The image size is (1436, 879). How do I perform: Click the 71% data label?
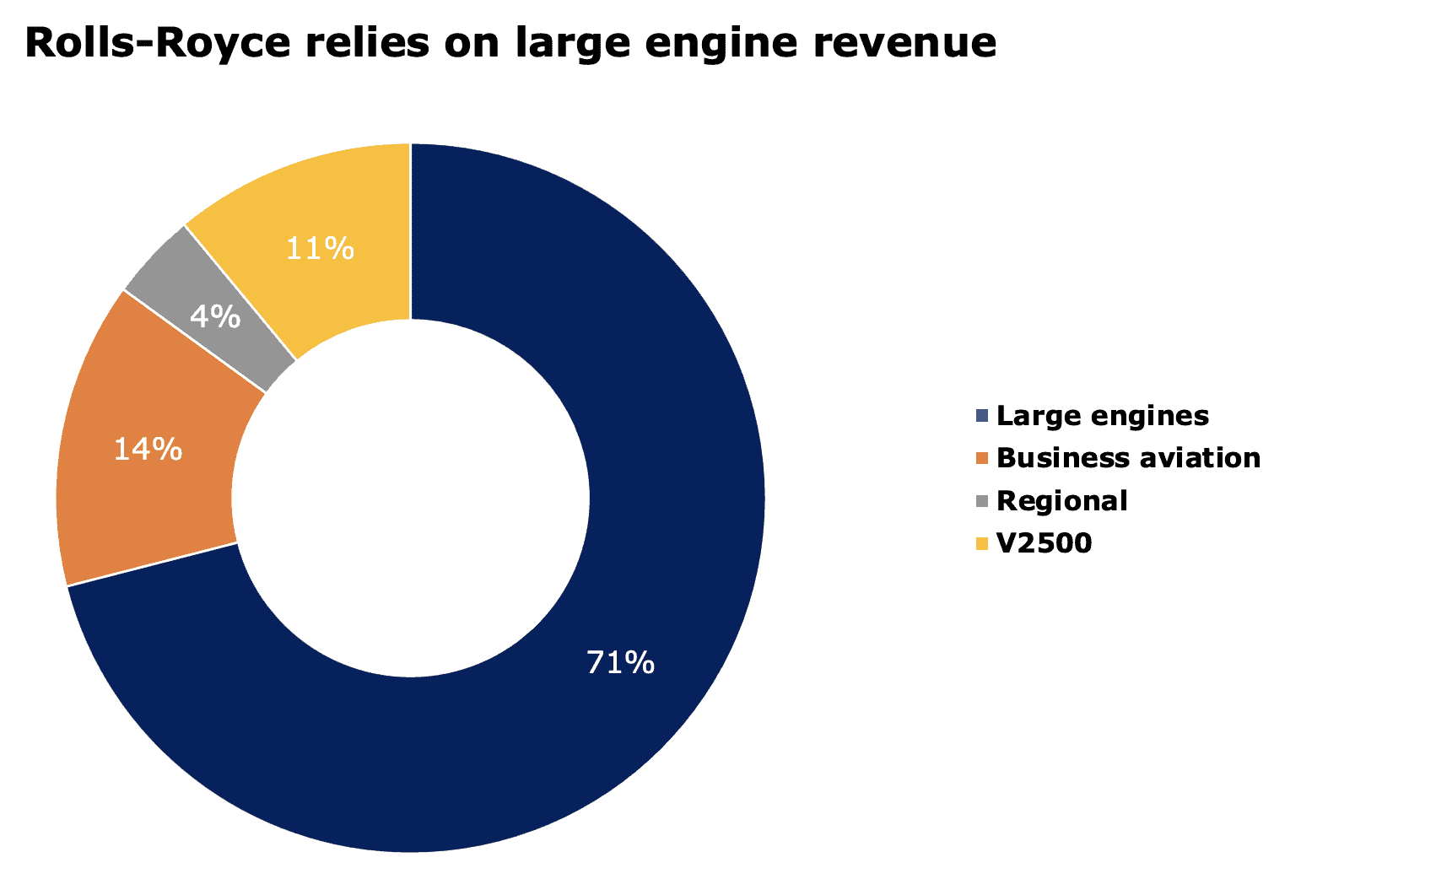620,663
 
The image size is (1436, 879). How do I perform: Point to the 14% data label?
148,450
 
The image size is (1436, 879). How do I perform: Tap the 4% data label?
215,317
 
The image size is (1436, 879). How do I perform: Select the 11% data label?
320,249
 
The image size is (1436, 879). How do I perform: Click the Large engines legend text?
1102,416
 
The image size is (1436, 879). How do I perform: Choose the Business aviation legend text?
1128,458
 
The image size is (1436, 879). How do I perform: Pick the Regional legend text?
1061,501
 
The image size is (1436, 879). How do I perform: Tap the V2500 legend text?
1044,543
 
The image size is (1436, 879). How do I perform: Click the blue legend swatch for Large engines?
981,415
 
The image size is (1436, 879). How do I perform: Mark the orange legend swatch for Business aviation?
981,458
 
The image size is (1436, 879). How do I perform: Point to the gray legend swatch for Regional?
981,501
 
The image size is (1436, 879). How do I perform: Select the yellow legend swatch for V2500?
981,543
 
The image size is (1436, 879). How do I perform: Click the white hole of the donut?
411,498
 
